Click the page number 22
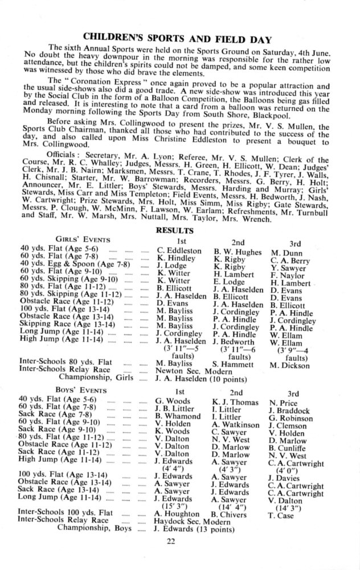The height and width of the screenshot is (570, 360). pos(172,540)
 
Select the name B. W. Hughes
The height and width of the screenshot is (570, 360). pos(238,250)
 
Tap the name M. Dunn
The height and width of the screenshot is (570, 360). pos(287,251)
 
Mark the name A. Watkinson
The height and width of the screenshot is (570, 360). pos(235,425)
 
